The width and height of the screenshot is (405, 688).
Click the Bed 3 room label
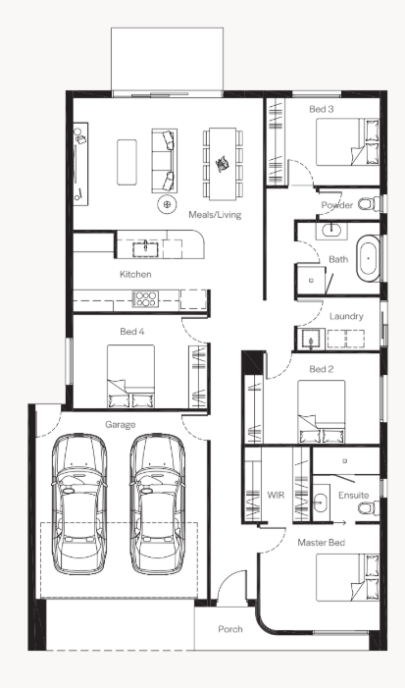pyautogui.click(x=322, y=109)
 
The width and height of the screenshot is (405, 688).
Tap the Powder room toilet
pyautogui.click(x=369, y=203)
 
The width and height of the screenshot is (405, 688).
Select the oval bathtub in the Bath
pyautogui.click(x=368, y=259)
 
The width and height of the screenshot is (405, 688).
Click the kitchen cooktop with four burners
pyautogui.click(x=145, y=298)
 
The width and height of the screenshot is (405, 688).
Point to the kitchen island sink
pyautogui.click(x=145, y=248)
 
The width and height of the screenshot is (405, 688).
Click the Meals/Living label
pyautogui.click(x=215, y=215)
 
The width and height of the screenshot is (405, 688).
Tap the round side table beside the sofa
pyautogui.click(x=167, y=204)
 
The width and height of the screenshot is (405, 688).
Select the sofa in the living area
pyautogui.click(x=165, y=161)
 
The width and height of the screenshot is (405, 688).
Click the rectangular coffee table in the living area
pyautogui.click(x=127, y=162)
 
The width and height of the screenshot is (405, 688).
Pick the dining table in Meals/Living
pyautogui.click(x=223, y=164)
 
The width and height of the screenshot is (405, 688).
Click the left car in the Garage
pyautogui.click(x=78, y=503)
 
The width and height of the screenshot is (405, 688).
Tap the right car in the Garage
pyautogui.click(x=157, y=503)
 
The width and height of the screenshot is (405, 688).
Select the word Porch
pyautogui.click(x=230, y=629)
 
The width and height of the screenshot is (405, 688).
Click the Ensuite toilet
pyautogui.click(x=369, y=507)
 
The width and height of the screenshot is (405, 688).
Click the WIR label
pyautogui.click(x=276, y=495)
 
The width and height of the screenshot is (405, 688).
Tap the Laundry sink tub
pyautogui.click(x=311, y=340)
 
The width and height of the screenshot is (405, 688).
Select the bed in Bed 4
pyautogui.click(x=130, y=376)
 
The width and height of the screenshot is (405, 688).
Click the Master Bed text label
pyautogui.click(x=321, y=543)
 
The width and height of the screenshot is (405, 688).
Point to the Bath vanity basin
pyautogui.click(x=331, y=230)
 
